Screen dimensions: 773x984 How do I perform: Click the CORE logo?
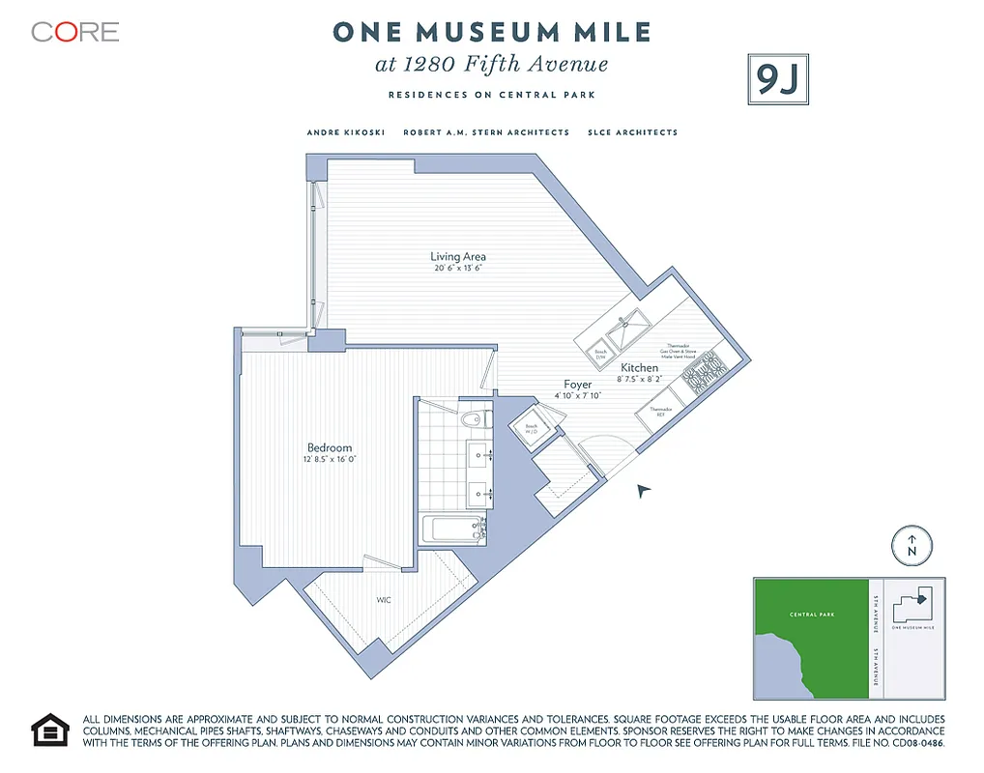click(74, 32)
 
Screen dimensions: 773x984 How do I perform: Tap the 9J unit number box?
click(777, 80)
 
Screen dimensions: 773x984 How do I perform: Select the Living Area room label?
click(458, 256)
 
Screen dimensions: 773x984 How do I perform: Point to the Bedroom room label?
click(329, 447)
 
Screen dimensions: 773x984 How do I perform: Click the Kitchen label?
click(639, 368)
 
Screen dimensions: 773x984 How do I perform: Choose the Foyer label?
click(578, 385)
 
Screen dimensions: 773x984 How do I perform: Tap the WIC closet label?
click(384, 600)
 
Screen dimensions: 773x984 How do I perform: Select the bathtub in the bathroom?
click(451, 529)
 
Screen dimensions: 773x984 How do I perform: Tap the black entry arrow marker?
click(645, 492)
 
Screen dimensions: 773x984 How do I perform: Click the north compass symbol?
click(910, 546)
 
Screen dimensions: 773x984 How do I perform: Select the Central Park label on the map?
click(811, 615)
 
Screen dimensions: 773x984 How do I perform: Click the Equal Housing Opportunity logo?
click(50, 730)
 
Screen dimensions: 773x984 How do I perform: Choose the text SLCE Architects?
click(632, 132)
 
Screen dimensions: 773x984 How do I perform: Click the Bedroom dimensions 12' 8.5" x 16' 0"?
click(329, 460)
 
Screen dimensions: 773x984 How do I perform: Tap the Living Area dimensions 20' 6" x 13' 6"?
click(458, 268)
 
